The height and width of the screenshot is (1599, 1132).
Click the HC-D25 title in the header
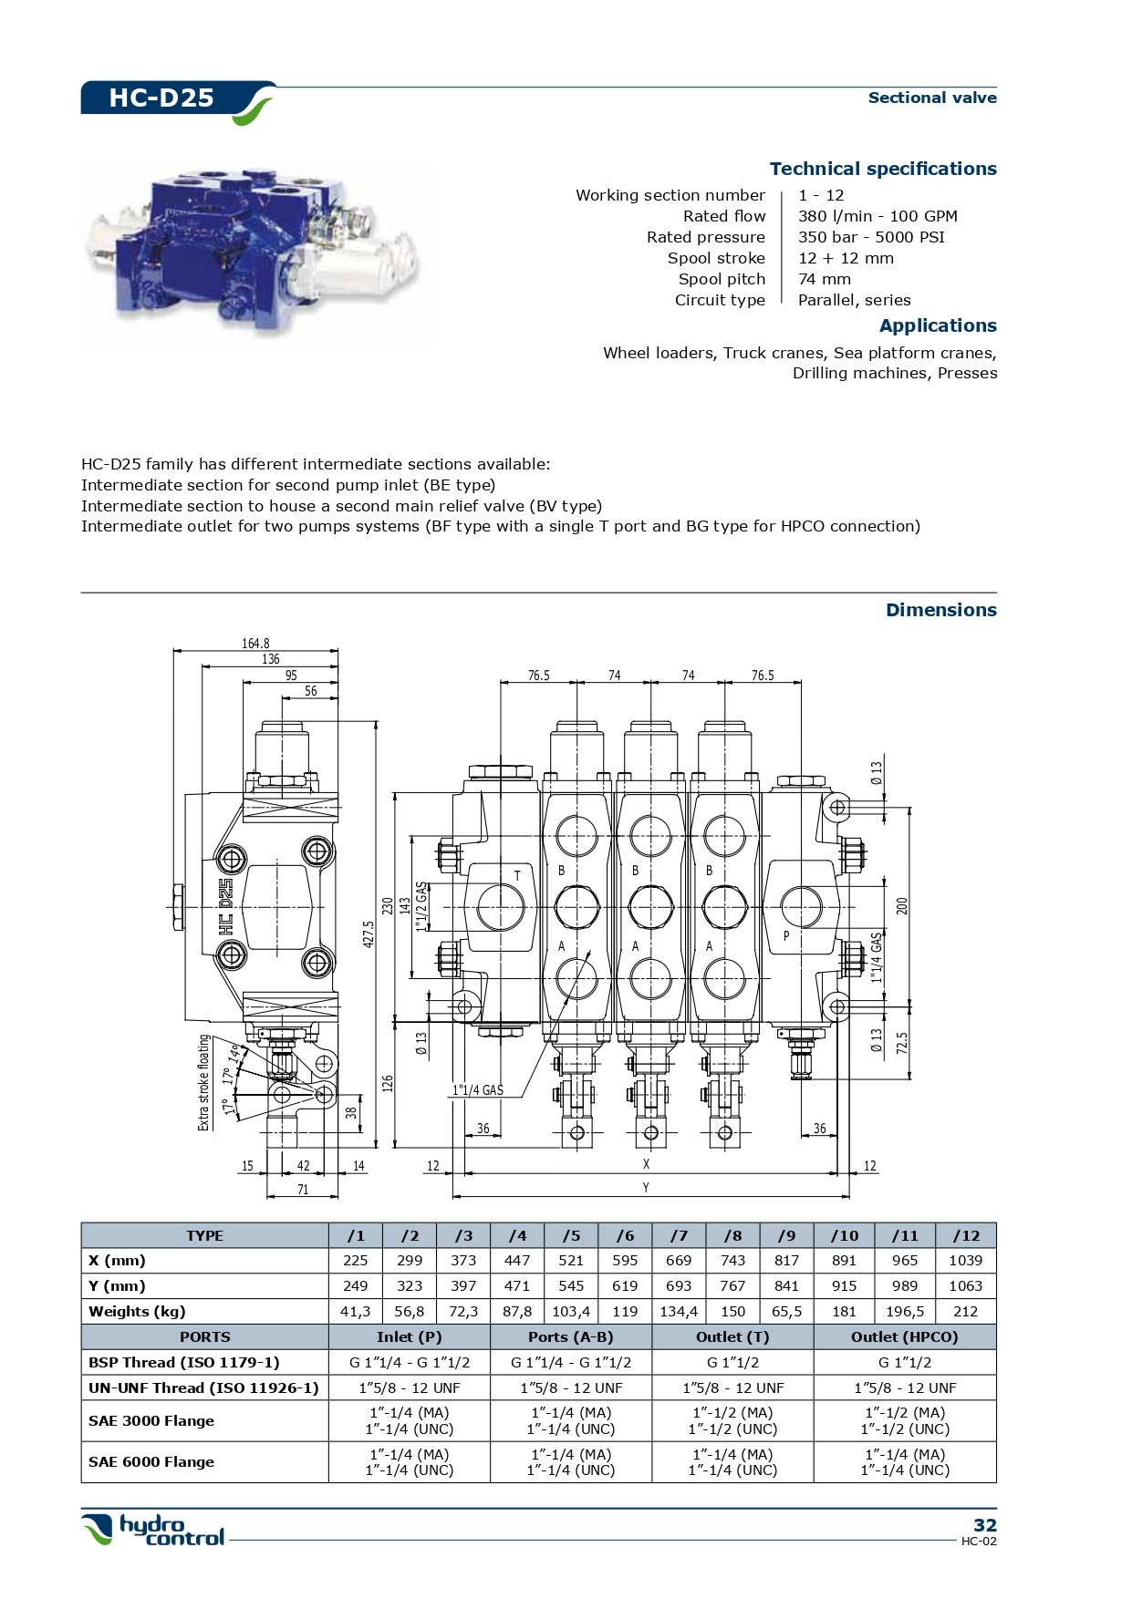tap(161, 98)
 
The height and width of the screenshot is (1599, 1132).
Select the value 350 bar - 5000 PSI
tap(871, 237)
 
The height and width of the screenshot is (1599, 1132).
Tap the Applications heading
tap(938, 325)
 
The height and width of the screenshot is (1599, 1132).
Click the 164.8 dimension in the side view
tap(255, 644)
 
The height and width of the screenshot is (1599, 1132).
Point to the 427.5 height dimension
tap(369, 934)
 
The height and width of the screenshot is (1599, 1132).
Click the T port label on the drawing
tap(517, 876)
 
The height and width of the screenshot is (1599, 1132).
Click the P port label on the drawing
tap(786, 936)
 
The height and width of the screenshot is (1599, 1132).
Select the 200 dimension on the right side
tap(901, 906)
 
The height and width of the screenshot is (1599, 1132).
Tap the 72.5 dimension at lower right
tap(901, 1043)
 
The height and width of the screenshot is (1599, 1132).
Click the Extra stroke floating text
tap(204, 1082)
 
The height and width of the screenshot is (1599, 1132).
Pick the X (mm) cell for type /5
tap(571, 1261)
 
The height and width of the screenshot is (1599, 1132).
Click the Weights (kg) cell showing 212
tap(965, 1312)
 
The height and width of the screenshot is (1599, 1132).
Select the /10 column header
tap(844, 1236)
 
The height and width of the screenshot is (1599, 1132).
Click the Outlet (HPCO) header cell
tap(904, 1337)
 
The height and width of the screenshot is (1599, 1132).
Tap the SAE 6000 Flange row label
tap(151, 1462)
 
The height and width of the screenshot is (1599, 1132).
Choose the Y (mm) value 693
tap(679, 1286)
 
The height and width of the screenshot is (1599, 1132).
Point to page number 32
tap(984, 1525)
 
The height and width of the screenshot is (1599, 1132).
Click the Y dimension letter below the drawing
tap(646, 1188)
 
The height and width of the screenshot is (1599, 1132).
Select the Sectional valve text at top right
tap(931, 98)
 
